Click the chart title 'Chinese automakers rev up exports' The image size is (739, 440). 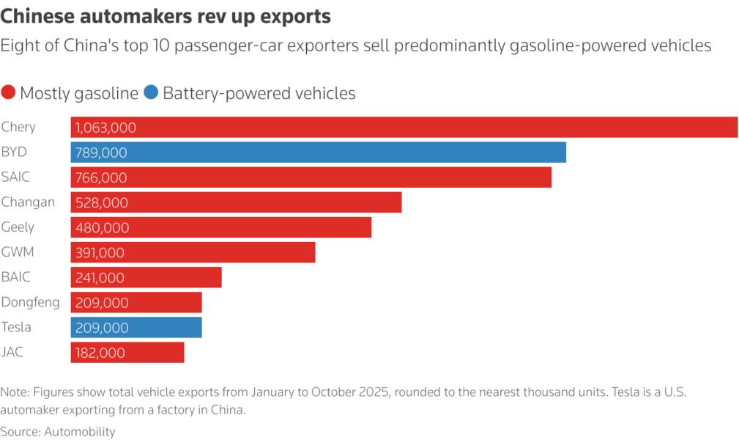point(166,15)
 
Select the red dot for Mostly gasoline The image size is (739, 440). point(9,93)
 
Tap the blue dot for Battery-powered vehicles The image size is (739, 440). point(151,93)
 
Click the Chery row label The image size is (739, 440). point(18,127)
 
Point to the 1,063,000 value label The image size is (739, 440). point(105,128)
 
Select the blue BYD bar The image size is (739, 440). point(318,153)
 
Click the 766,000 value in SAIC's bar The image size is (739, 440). point(101,177)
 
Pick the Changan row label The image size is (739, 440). point(28,202)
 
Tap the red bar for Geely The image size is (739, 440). point(220,227)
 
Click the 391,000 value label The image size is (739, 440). point(100,253)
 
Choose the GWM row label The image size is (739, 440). point(18,252)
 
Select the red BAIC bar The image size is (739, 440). point(146,278)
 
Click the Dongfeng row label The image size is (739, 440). point(31,302)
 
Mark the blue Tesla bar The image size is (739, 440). point(135,328)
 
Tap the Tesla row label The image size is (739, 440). point(17,327)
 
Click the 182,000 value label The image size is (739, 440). point(100,353)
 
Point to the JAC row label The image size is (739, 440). point(12,352)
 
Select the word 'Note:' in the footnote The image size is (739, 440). point(16,392)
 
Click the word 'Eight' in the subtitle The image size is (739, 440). point(18,45)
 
